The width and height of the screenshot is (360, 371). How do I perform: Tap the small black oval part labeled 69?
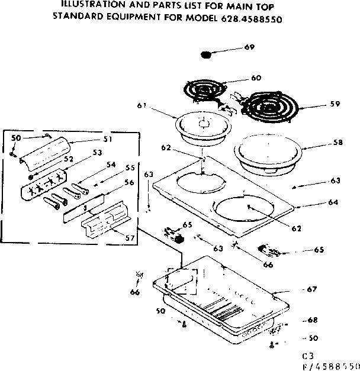[x=206, y=56]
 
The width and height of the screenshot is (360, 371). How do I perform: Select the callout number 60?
[x=256, y=78]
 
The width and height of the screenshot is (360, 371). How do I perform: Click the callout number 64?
[x=333, y=202]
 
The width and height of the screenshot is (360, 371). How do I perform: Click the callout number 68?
[x=313, y=320]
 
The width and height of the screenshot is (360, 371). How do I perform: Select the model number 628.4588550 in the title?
[x=247, y=18]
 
